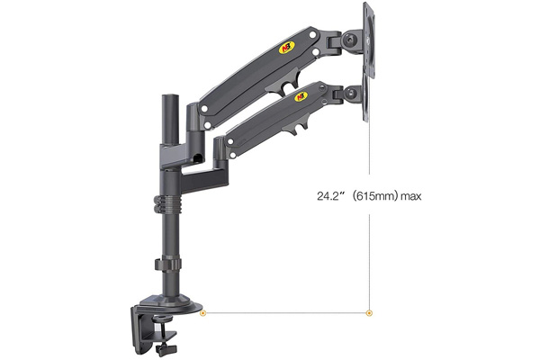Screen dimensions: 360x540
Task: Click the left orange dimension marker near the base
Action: coord(203,313)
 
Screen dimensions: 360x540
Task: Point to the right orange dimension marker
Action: coord(369,313)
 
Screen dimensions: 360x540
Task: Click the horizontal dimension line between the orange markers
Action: coord(286,313)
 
